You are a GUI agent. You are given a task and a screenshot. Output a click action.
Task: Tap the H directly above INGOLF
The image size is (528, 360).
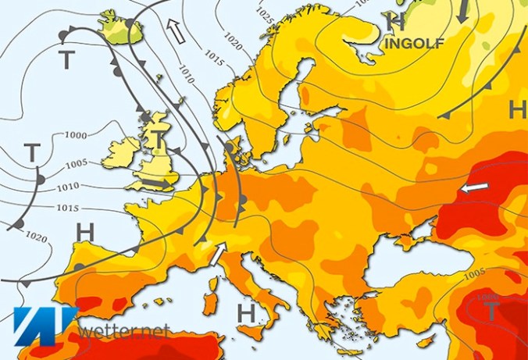tap(397, 22)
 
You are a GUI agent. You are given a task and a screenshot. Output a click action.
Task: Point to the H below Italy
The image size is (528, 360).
tap(247, 312)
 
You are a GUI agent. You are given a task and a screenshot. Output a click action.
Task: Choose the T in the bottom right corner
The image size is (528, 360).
tap(490, 311)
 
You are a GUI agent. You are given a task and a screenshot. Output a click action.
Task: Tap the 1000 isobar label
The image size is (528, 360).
tap(76, 134)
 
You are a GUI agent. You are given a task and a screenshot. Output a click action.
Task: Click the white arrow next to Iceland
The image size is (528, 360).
tap(177, 30)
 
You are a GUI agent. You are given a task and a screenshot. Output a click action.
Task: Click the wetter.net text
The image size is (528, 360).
tap(120, 330)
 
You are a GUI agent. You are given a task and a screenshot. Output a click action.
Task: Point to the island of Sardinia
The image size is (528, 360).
tap(211, 305)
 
